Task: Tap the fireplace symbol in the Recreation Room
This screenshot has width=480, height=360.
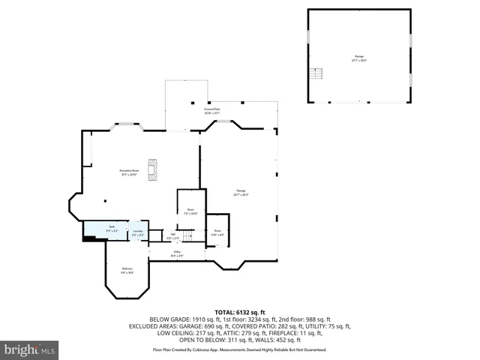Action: tap(153, 169)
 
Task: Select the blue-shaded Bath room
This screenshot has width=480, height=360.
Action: tap(104, 230)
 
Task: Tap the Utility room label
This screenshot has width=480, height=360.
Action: tap(177, 253)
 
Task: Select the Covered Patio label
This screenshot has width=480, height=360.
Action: tap(212, 110)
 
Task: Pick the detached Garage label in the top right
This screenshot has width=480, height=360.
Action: tap(358, 57)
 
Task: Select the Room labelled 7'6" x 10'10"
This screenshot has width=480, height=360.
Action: tap(191, 211)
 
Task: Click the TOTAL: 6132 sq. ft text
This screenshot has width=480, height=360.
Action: tap(239, 310)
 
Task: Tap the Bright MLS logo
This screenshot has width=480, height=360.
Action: tap(30, 349)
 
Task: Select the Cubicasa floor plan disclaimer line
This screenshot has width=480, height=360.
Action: tap(239, 349)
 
